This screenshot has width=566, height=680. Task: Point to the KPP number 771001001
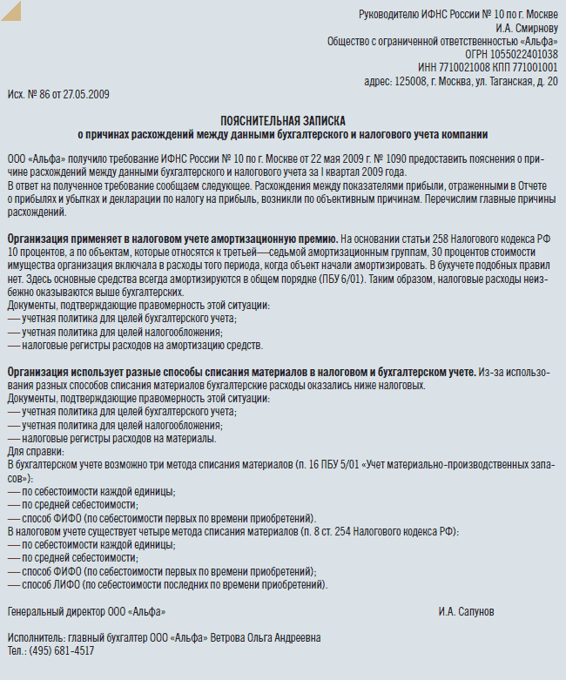530,67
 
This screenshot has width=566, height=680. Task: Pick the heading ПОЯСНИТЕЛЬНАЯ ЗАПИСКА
283,121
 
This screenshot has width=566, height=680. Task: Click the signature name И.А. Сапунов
467,612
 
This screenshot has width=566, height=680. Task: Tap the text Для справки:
35,451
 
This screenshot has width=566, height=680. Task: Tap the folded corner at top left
11,11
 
